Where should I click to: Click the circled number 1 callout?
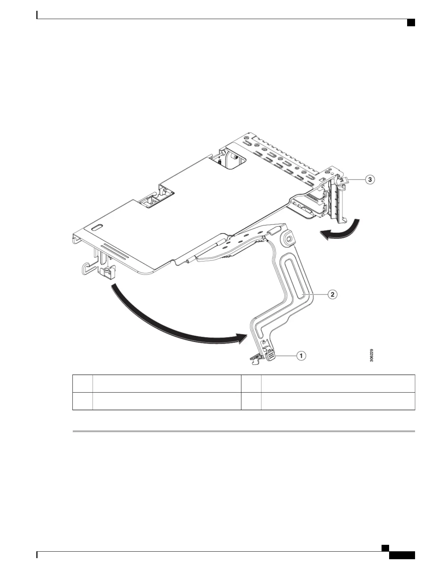(x=301, y=356)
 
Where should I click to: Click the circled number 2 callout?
(x=332, y=294)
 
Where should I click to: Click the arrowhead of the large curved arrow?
(x=241, y=339)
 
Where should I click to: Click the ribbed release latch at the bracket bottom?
(x=271, y=356)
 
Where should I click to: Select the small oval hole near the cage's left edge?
(x=97, y=228)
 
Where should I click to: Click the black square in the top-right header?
(x=411, y=23)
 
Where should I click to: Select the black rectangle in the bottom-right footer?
(x=402, y=556)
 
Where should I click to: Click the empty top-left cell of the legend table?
(x=83, y=384)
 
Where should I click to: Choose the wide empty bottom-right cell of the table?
(x=338, y=401)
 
